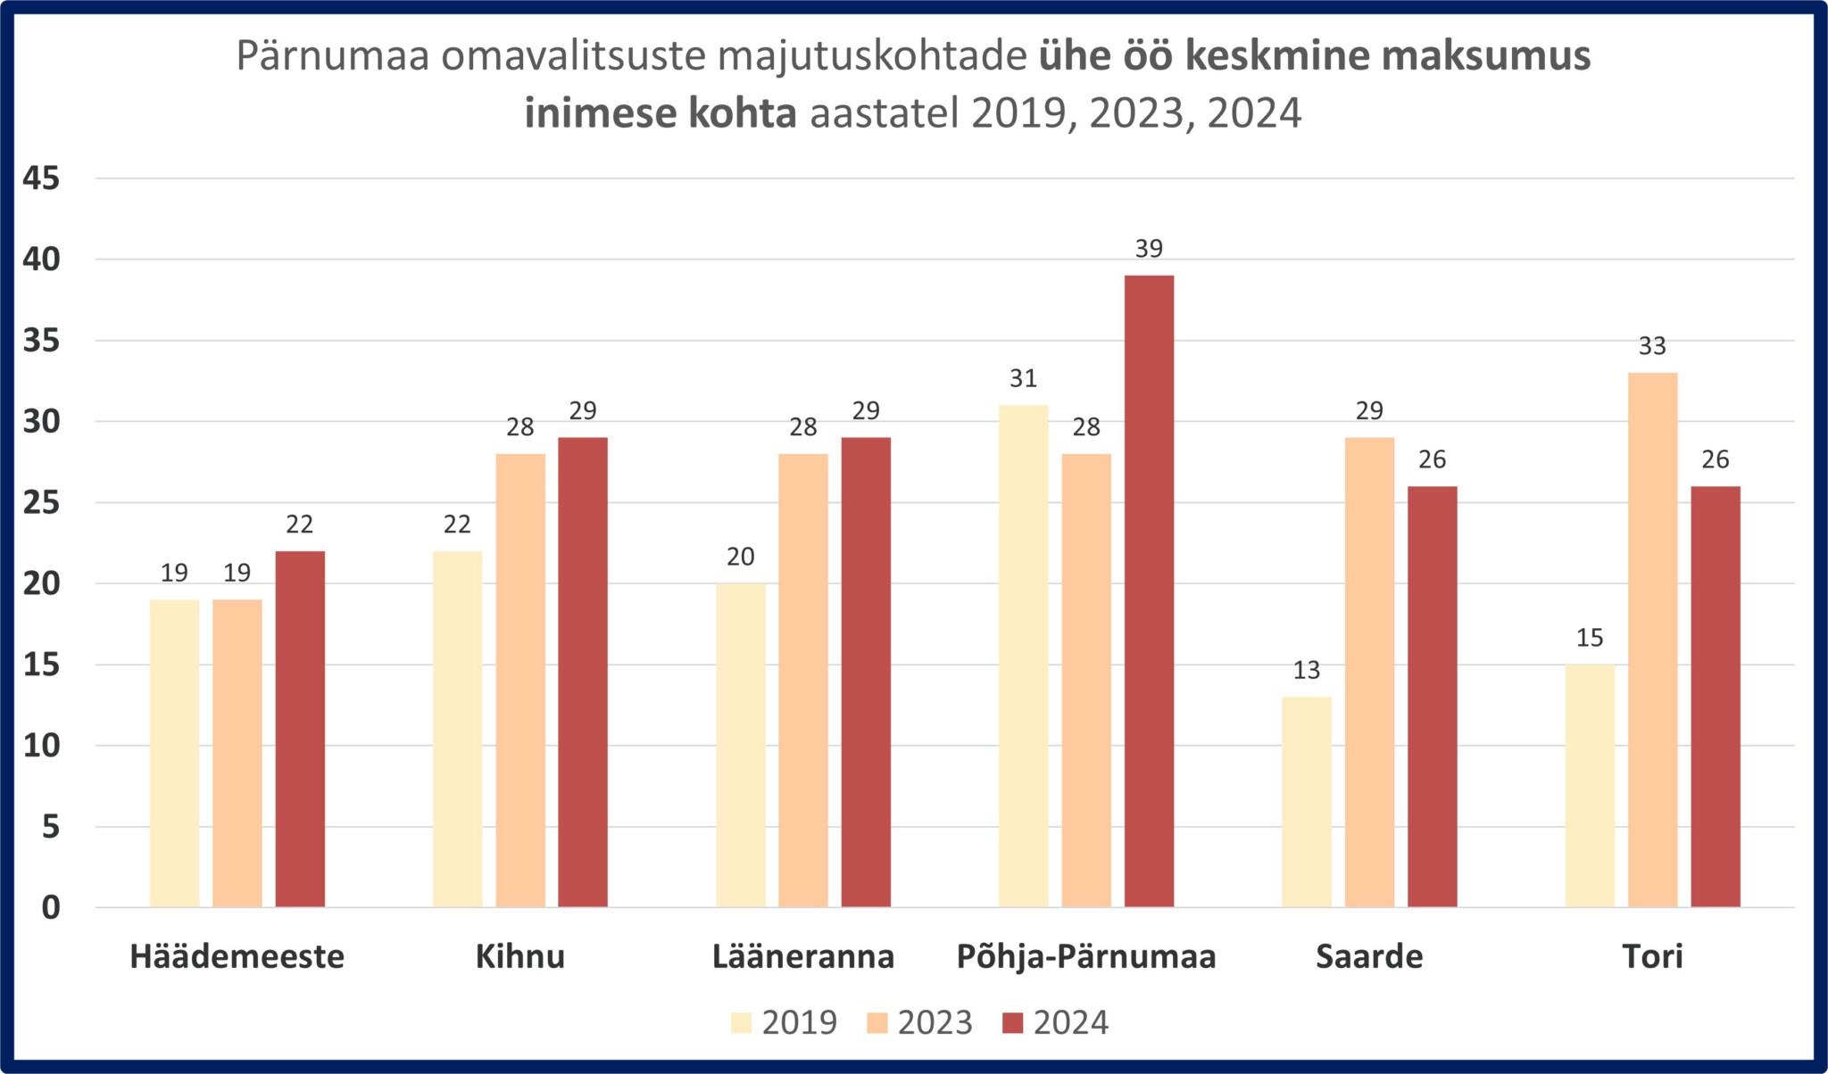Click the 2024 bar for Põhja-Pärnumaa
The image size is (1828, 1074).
coord(1149,591)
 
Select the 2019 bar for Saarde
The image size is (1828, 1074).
coord(1307,801)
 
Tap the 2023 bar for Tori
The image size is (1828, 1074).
coord(1652,640)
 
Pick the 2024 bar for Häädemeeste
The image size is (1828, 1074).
coord(300,729)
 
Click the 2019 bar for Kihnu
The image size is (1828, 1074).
coord(457,729)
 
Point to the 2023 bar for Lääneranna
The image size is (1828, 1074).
coord(803,680)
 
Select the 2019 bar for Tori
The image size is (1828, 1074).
coord(1590,785)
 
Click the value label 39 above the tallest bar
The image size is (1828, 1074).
coord(1149,249)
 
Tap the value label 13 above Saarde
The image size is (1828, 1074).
coord(1307,671)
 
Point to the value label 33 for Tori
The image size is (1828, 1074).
coord(1652,346)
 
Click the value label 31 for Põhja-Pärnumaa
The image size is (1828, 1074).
coord(1023,379)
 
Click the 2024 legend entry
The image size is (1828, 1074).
coord(1055,1022)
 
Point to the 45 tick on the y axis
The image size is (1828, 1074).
coord(42,178)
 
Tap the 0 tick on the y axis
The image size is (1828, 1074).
coord(51,907)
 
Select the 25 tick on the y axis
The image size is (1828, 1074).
coord(42,503)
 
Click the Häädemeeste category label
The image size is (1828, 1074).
coord(237,956)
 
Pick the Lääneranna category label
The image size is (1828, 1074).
coord(803,956)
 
